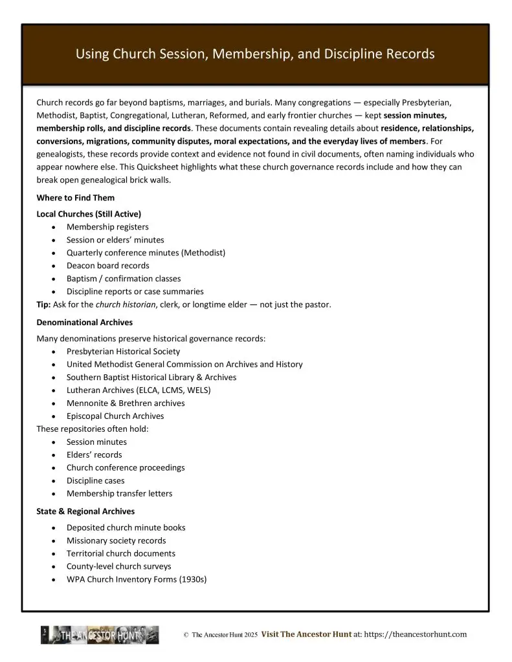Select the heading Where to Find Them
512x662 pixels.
pyautogui.click(x=75, y=198)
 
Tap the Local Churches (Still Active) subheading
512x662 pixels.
pyautogui.click(x=89, y=213)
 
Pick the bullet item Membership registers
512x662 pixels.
pyautogui.click(x=107, y=227)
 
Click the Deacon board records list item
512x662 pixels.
pyautogui.click(x=107, y=266)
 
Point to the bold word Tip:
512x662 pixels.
pyautogui.click(x=45, y=304)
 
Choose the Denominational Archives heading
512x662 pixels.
pyautogui.click(x=84, y=321)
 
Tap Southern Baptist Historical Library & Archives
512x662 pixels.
pyautogui.click(x=151, y=378)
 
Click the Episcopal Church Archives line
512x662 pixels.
pyautogui.click(x=115, y=416)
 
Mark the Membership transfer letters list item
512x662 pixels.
pyautogui.click(x=119, y=494)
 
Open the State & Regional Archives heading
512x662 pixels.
pyautogui.click(x=85, y=511)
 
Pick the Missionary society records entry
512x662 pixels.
pyautogui.click(x=116, y=540)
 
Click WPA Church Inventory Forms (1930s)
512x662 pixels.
pyautogui.click(x=137, y=579)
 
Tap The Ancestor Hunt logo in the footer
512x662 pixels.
pyautogui.click(x=100, y=635)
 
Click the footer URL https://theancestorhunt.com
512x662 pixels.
pyautogui.click(x=416, y=635)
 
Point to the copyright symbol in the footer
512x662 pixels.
pyautogui.click(x=186, y=635)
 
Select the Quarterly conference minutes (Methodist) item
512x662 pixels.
pyautogui.click(x=146, y=253)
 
